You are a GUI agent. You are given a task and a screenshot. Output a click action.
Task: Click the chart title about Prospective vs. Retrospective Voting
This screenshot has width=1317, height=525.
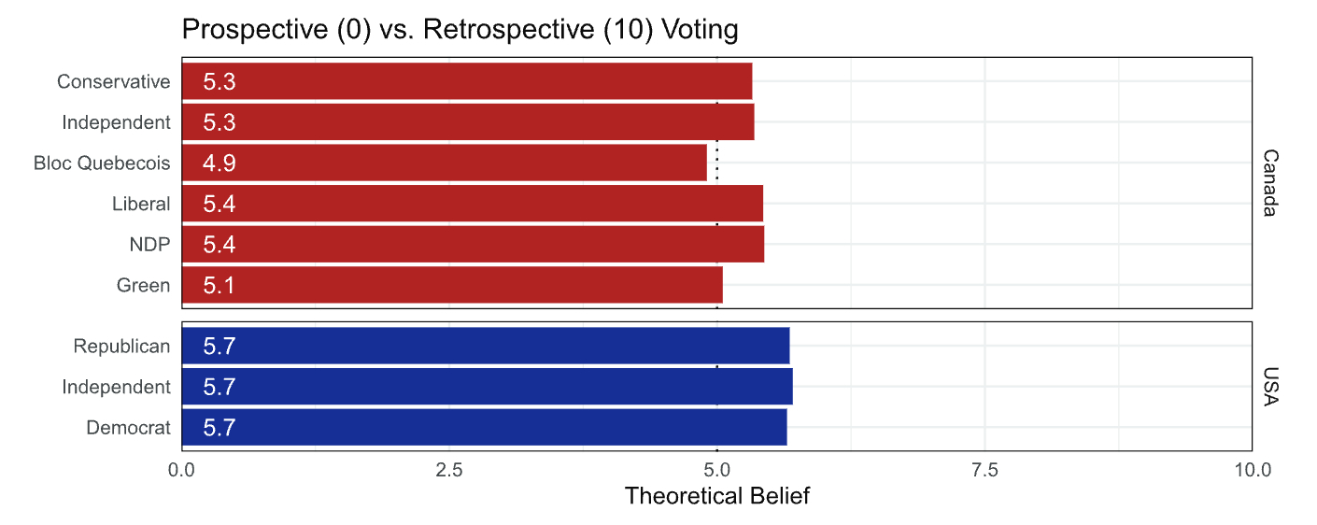pos(460,30)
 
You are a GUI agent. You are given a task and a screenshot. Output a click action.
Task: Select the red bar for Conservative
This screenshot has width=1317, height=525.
pos(467,81)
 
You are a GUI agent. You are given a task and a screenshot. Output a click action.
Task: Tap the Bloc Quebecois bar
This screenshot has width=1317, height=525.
pos(445,163)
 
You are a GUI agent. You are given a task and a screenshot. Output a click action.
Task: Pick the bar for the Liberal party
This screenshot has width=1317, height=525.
pos(472,204)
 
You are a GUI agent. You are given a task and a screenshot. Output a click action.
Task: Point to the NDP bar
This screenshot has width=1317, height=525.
pos(473,244)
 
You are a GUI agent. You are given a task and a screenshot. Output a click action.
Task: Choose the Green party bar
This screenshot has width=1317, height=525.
pos(452,285)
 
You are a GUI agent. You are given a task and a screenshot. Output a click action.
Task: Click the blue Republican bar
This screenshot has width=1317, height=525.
pos(486,346)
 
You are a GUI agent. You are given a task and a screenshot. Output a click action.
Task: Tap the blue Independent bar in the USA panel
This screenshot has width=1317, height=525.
pos(487,387)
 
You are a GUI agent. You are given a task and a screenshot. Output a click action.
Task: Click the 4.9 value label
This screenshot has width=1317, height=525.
pos(219,163)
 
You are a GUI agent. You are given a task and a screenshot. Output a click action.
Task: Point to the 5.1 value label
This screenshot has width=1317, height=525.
pos(219,286)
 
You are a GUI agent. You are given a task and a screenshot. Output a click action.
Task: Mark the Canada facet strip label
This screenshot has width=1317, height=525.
pos(1269,183)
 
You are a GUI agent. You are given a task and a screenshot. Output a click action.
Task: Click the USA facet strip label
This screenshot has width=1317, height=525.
pos(1269,387)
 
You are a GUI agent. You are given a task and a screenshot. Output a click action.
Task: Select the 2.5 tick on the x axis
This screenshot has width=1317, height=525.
pos(449,470)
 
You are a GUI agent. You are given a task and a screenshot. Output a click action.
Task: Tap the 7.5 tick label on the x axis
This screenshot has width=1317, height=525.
pos(984,470)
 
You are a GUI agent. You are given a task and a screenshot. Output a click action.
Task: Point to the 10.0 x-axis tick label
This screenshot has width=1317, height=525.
pos(1252,470)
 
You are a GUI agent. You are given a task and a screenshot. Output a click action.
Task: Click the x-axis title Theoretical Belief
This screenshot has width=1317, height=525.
pos(716,496)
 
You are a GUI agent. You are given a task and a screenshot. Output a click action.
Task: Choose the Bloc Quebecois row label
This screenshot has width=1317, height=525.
pos(102,163)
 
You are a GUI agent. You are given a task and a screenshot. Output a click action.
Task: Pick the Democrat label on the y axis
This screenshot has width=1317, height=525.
pos(128,428)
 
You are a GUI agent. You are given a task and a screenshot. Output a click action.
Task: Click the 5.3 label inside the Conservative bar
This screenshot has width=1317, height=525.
pos(219,82)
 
